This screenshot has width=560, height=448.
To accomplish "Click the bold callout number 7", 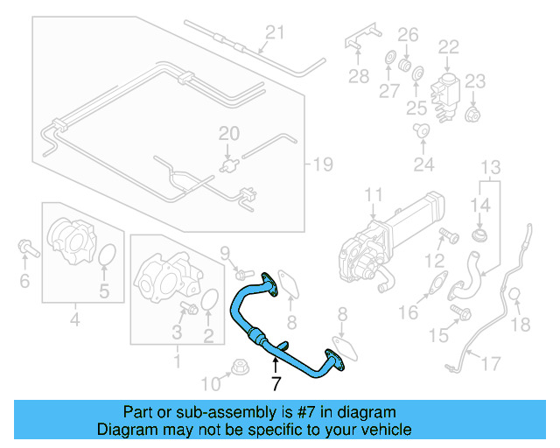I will click(276, 383).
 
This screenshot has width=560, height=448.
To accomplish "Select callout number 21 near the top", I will click(276, 33).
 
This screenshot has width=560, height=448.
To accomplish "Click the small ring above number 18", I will click(515, 295).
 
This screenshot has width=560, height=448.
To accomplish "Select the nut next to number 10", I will click(235, 368).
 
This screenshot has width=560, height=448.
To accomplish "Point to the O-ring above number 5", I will click(107, 255).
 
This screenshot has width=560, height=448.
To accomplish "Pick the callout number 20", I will click(228, 134).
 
